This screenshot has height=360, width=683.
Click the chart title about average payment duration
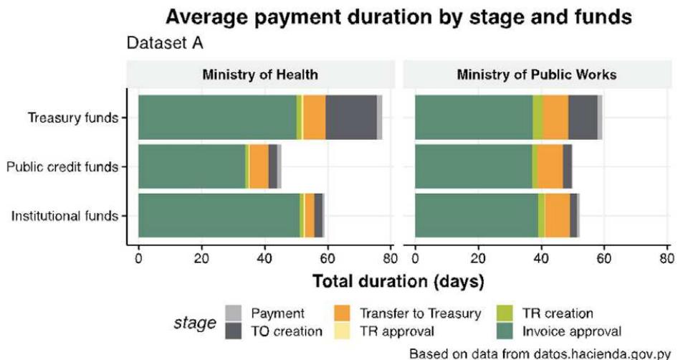pyautogui.click(x=399, y=16)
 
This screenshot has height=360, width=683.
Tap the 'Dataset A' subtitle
pyautogui.click(x=165, y=44)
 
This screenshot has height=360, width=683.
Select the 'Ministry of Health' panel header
pyautogui.click(x=260, y=75)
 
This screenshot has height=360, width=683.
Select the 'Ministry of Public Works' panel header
pyautogui.click(x=537, y=75)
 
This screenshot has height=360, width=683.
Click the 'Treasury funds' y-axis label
pyautogui.click(x=72, y=118)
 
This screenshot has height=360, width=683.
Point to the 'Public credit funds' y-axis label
pyautogui.click(x=62, y=167)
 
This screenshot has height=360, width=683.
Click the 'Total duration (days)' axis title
pyautogui.click(x=398, y=280)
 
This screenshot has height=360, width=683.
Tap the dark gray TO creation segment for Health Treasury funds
pyautogui.click(x=350, y=117)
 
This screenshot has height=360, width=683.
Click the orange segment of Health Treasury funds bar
pyautogui.click(x=314, y=117)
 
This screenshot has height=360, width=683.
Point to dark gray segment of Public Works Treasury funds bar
pyautogui.click(x=582, y=117)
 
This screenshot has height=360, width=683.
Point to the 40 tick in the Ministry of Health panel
pyautogui.click(x=264, y=258)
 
